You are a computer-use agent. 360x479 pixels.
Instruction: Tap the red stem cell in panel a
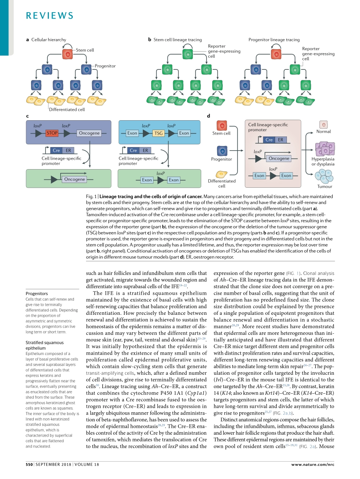[68, 54]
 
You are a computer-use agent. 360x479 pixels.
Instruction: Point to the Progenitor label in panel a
[105, 66]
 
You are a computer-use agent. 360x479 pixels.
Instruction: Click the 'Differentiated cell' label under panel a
[67, 110]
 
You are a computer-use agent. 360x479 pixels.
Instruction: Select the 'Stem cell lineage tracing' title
[177, 39]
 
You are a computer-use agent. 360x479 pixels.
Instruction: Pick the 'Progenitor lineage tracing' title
[274, 39]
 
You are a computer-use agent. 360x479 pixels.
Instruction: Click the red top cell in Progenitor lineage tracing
[276, 54]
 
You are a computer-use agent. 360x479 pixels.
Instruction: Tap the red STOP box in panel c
[52, 133]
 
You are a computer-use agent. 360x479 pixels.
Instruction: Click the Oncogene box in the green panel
[74, 179]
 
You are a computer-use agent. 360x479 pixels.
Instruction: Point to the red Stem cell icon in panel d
[222, 125]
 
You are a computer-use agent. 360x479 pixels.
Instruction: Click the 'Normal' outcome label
[323, 132]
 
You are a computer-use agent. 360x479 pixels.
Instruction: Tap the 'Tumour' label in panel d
[324, 187]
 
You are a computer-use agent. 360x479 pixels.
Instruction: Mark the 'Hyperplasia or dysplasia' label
[323, 162]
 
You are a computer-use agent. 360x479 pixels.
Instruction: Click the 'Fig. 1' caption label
[91, 196]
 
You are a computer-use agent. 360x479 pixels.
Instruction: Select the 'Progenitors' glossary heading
[37, 294]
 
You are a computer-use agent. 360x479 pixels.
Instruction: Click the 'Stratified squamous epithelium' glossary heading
[44, 346]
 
